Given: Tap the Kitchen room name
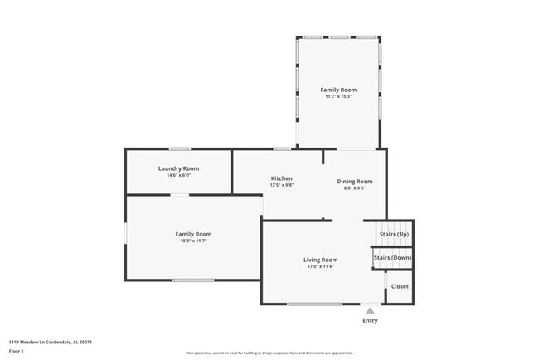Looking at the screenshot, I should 282,178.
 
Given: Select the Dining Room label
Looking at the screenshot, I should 354,181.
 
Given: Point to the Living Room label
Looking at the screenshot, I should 320,260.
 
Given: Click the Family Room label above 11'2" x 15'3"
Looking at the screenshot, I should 338,89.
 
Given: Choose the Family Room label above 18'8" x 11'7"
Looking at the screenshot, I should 192,234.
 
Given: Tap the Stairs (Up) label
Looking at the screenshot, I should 394,234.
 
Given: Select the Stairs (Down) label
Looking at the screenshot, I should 391,258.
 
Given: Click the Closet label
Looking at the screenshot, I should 400,286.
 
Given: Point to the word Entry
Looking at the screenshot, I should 370,320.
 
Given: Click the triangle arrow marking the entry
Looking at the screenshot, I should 370,309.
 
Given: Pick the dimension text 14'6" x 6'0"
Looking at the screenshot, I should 178,176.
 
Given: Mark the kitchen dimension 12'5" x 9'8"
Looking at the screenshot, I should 282,186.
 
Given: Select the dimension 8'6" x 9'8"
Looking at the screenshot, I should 354,188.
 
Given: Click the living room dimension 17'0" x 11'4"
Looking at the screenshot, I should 320,267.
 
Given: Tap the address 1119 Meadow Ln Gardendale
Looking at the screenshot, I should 50,341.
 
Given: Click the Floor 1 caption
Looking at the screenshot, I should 17,351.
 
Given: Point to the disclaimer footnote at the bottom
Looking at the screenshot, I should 269,353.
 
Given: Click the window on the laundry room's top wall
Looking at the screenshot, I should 180,149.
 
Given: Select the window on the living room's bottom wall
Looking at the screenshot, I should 314,304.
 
